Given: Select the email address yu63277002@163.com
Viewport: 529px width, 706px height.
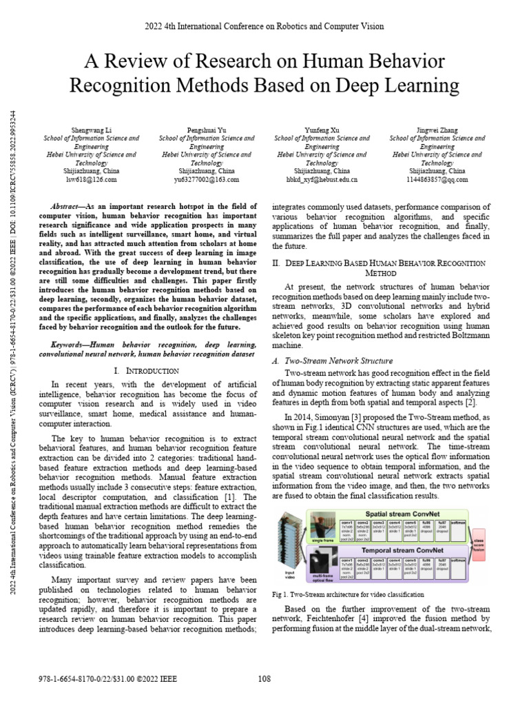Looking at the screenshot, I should click(x=206, y=179).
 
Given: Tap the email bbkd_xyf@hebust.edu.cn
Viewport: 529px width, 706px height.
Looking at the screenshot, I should click(x=322, y=179).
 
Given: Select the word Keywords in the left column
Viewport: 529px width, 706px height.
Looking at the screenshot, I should click(x=69, y=343).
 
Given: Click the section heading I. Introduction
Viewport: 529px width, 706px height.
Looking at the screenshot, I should click(x=149, y=371).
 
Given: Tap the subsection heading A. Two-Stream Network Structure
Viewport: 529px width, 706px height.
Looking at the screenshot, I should click(x=333, y=361).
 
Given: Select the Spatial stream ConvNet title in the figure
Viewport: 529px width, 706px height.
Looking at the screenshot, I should click(x=397, y=514).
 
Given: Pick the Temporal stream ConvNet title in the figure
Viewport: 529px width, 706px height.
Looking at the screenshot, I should click(x=397, y=550).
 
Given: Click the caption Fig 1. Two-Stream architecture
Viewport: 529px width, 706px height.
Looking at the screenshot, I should click(x=348, y=594).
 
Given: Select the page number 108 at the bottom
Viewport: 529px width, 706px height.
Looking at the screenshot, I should click(x=264, y=679).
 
